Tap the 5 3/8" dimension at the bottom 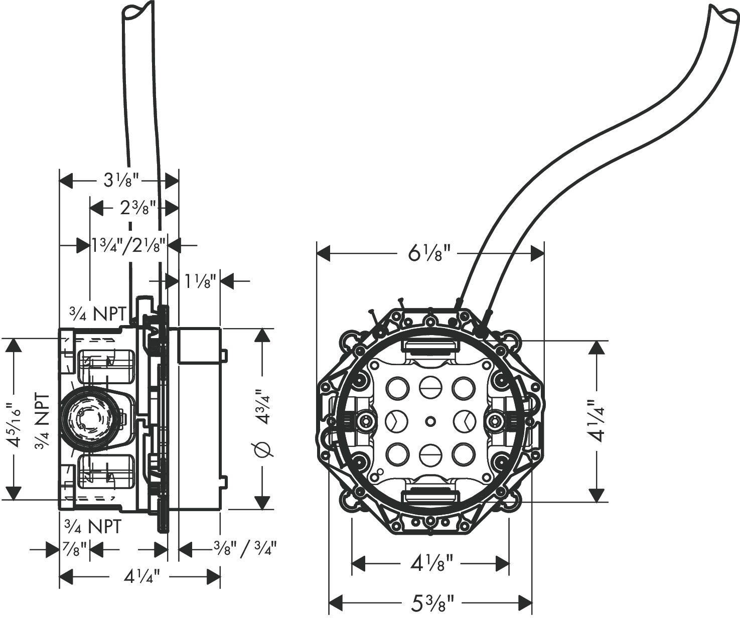click(x=432, y=602)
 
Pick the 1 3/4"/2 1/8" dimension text click(x=129, y=244)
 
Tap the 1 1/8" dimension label click(x=200, y=281)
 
